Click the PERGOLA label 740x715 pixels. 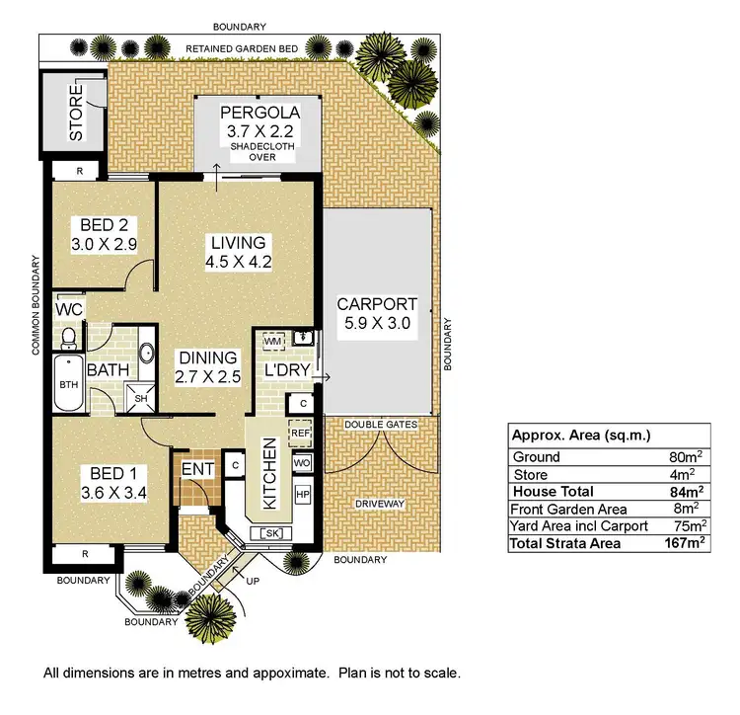(x=257, y=112)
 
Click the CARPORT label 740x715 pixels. (x=377, y=304)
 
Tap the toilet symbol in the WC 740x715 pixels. (x=69, y=339)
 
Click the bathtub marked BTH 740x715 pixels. (x=68, y=384)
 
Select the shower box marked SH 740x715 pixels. (x=141, y=399)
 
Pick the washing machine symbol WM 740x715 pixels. (x=272, y=341)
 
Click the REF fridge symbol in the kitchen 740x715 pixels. (x=300, y=433)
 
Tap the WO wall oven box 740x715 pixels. (x=301, y=462)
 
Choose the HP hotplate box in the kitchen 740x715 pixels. (x=302, y=494)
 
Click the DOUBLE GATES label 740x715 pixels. (x=379, y=424)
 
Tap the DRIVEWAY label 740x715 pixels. (x=379, y=504)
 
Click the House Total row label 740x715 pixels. (x=553, y=491)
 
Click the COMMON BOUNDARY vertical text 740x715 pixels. (x=34, y=305)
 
